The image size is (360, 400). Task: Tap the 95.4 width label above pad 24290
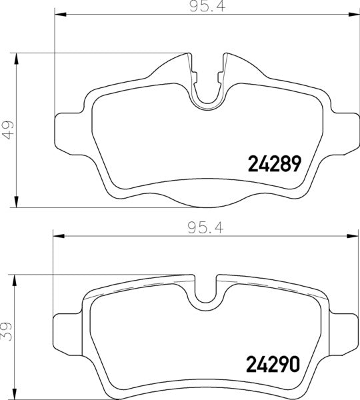tap(204, 227)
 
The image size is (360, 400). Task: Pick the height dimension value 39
tap(7, 331)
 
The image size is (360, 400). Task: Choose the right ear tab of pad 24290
tap(347, 328)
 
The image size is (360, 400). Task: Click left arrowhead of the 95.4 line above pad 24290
tap(57, 235)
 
